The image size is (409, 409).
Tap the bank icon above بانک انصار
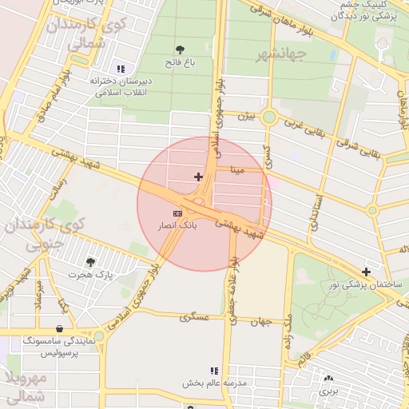pos(177,214)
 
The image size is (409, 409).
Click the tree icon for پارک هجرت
pos(89,261)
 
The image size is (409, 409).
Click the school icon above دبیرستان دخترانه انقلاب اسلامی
pos(121,68)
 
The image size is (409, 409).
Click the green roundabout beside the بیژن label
pos(268,118)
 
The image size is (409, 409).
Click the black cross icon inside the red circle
pos(198,176)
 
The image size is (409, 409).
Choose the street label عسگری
pos(194,316)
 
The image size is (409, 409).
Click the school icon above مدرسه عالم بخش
pos(213,371)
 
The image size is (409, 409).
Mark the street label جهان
pos(265,324)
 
